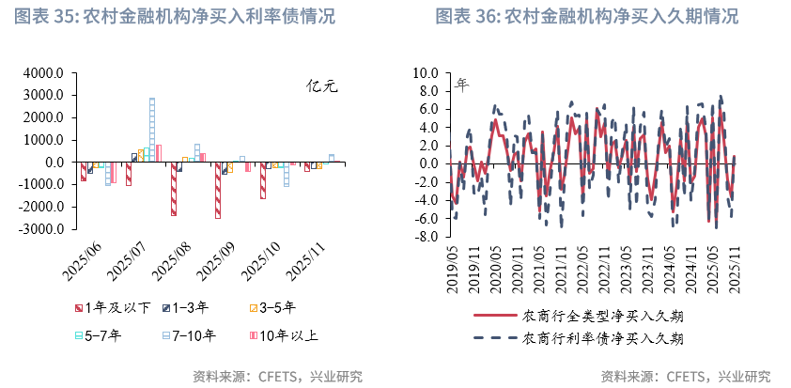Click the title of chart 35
click(174, 17)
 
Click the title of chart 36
click(586, 17)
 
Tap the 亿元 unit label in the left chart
click(322, 86)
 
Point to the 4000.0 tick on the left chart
click(44, 73)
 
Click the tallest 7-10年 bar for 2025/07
click(152, 130)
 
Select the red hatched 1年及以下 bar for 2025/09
click(218, 190)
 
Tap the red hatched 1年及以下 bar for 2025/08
click(173, 189)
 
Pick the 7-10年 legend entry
click(188, 334)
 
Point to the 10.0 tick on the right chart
click(427, 73)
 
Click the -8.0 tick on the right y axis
click(427, 237)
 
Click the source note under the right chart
click(685, 376)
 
